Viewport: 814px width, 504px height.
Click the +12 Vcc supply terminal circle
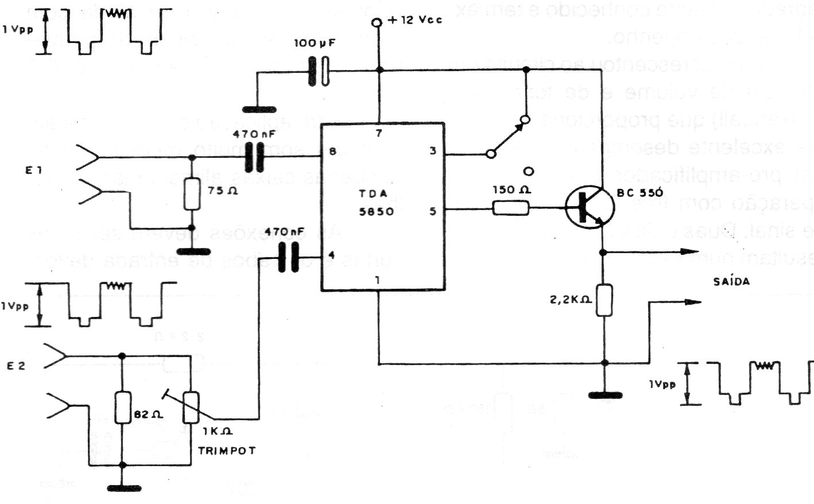pyautogui.click(x=377, y=23)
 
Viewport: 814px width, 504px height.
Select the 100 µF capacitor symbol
pyautogui.click(x=319, y=71)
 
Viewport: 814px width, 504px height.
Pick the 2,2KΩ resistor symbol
pyautogui.click(x=604, y=300)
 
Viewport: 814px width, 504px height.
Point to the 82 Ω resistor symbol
pyautogui.click(x=122, y=408)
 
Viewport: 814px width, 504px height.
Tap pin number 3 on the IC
pyautogui.click(x=432, y=152)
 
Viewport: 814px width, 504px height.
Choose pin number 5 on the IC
pyautogui.click(x=432, y=211)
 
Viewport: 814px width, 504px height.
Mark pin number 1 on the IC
pyautogui.click(x=377, y=281)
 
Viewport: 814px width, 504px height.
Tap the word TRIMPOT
pyautogui.click(x=227, y=451)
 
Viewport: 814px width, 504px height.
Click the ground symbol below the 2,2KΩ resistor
pyautogui.click(x=604, y=394)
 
